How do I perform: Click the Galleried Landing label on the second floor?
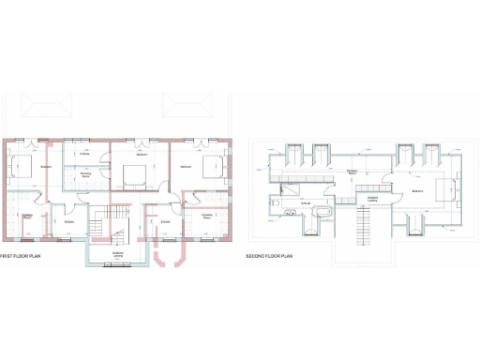(x=372, y=198)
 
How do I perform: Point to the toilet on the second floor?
(x=278, y=201)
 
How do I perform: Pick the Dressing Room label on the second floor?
(x=352, y=172)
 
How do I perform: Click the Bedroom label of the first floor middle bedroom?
(x=141, y=155)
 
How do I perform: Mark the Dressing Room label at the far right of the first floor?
(x=207, y=217)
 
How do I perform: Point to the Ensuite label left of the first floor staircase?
(x=68, y=221)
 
